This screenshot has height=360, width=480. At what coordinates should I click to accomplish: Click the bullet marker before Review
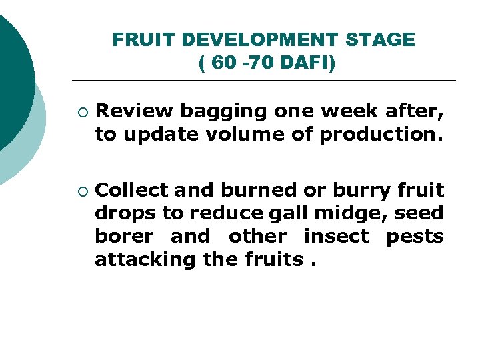point(81,111)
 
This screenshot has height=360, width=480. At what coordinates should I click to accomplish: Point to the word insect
point(336,237)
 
